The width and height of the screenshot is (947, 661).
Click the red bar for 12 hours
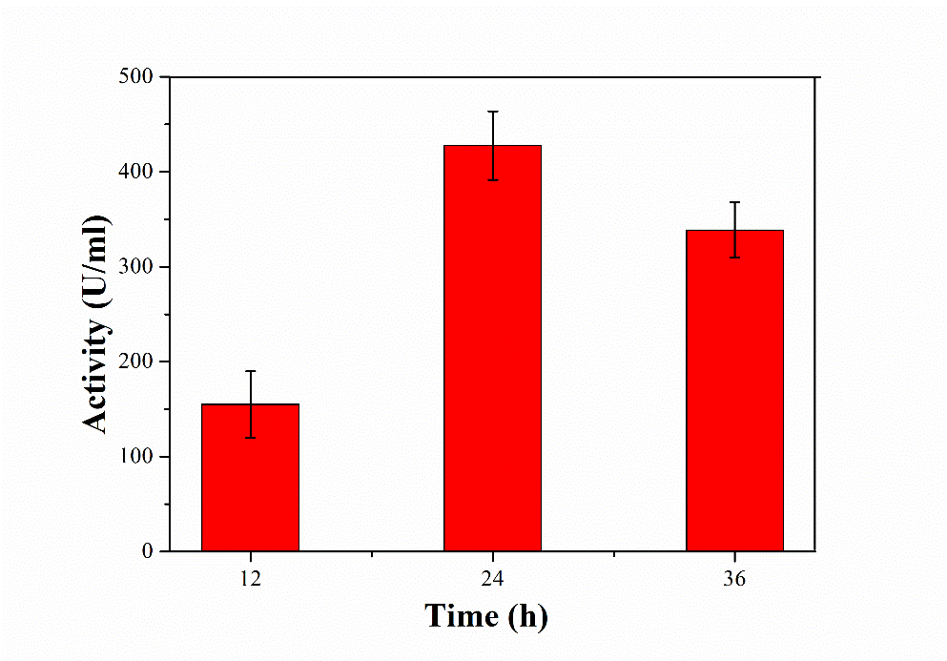pos(250,477)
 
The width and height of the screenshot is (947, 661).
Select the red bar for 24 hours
pos(492,348)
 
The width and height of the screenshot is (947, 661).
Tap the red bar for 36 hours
pos(734,391)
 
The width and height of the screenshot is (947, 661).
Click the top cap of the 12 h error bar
pos(250,371)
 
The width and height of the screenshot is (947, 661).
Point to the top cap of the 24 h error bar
pos(492,112)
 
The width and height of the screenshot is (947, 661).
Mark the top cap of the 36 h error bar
pos(734,202)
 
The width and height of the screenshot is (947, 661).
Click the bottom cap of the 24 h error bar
pos(492,179)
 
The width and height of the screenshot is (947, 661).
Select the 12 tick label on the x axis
pos(250,577)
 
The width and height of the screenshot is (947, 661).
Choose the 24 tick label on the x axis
pos(492,577)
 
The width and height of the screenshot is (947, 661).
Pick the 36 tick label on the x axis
pos(734,577)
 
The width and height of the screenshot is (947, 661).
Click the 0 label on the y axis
pos(145,551)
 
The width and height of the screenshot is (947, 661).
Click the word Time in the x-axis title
pos(461,616)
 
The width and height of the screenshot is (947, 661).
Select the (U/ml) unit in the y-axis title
pos(97,261)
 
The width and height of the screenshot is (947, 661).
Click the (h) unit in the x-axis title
pos(527,616)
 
